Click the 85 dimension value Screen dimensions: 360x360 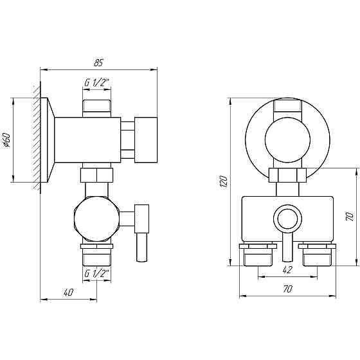(98, 62)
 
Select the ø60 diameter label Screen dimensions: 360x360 (6, 140)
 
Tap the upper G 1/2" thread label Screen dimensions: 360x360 (96, 82)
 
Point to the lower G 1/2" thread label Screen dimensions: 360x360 (96, 273)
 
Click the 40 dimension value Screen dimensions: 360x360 (68, 292)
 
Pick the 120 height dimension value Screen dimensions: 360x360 (224, 181)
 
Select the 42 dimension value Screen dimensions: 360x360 (287, 270)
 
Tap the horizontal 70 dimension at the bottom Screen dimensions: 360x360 (288, 289)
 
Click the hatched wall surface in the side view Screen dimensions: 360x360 (37, 140)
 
